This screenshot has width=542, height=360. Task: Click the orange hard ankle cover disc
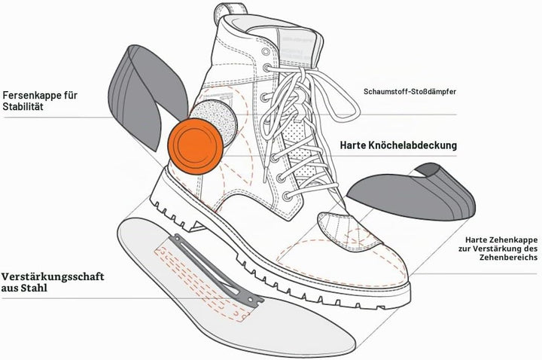click(x=195, y=146)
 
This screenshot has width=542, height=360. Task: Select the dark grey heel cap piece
click(x=145, y=97)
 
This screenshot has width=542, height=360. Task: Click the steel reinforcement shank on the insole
click(x=216, y=270)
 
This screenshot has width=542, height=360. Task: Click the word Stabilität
click(x=23, y=106)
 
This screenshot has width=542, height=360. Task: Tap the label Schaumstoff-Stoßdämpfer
click(x=410, y=92)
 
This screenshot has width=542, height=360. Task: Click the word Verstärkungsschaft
click(x=53, y=276)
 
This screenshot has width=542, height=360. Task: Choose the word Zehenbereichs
click(x=508, y=258)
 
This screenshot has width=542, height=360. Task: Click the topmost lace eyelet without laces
click(x=266, y=52)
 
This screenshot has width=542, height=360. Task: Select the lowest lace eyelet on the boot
click(x=287, y=197)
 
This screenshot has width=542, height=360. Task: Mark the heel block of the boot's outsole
click(x=175, y=215)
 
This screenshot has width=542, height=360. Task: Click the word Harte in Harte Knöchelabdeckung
click(x=353, y=145)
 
